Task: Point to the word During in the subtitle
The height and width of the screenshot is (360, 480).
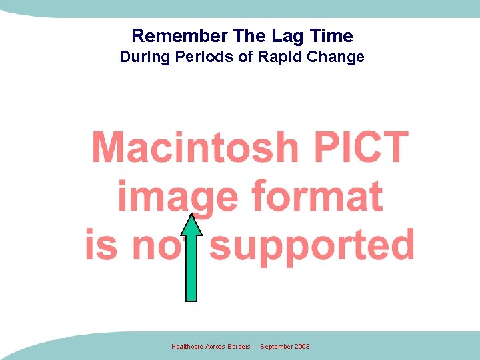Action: [143, 57]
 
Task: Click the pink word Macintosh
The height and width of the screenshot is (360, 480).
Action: [195, 147]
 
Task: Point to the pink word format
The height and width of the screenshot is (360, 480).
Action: [317, 197]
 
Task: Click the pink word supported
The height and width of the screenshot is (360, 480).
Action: [312, 245]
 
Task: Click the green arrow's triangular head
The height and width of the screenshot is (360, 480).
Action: [192, 227]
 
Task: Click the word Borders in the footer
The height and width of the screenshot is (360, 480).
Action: [238, 347]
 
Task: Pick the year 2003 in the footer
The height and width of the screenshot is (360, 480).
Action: [302, 347]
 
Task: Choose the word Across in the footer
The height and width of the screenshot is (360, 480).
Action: [214, 347]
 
